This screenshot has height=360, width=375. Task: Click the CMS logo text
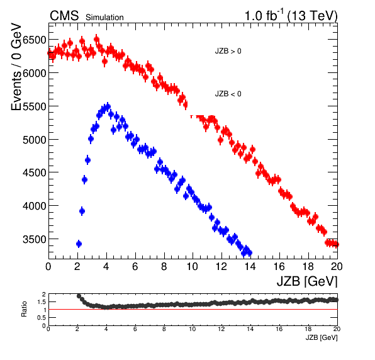[64, 16]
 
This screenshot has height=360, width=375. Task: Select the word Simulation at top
[104, 18]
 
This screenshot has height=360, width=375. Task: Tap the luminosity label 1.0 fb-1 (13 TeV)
[291, 15]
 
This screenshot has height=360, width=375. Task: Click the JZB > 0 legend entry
[228, 51]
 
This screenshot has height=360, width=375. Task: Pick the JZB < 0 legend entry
[228, 94]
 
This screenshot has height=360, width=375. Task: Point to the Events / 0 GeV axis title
[16, 67]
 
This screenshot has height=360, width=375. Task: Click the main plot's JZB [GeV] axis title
[307, 281]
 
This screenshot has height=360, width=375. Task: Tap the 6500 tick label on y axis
[35, 40]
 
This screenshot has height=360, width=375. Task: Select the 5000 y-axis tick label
[35, 140]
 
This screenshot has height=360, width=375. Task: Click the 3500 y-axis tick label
[35, 239]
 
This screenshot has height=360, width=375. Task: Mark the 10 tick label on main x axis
[193, 266]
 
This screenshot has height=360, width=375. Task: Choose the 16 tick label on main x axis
[279, 266]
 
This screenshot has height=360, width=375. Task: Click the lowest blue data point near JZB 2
[79, 244]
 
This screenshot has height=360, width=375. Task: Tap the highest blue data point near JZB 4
[108, 107]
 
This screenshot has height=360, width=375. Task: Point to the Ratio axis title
[24, 309]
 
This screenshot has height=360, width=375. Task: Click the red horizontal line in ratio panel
[193, 309]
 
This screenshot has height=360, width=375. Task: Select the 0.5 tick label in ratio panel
[42, 318]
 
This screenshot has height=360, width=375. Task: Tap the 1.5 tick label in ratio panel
[42, 302]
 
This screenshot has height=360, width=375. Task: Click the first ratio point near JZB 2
[79, 296]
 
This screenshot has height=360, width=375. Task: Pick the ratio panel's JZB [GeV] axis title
[322, 337]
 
